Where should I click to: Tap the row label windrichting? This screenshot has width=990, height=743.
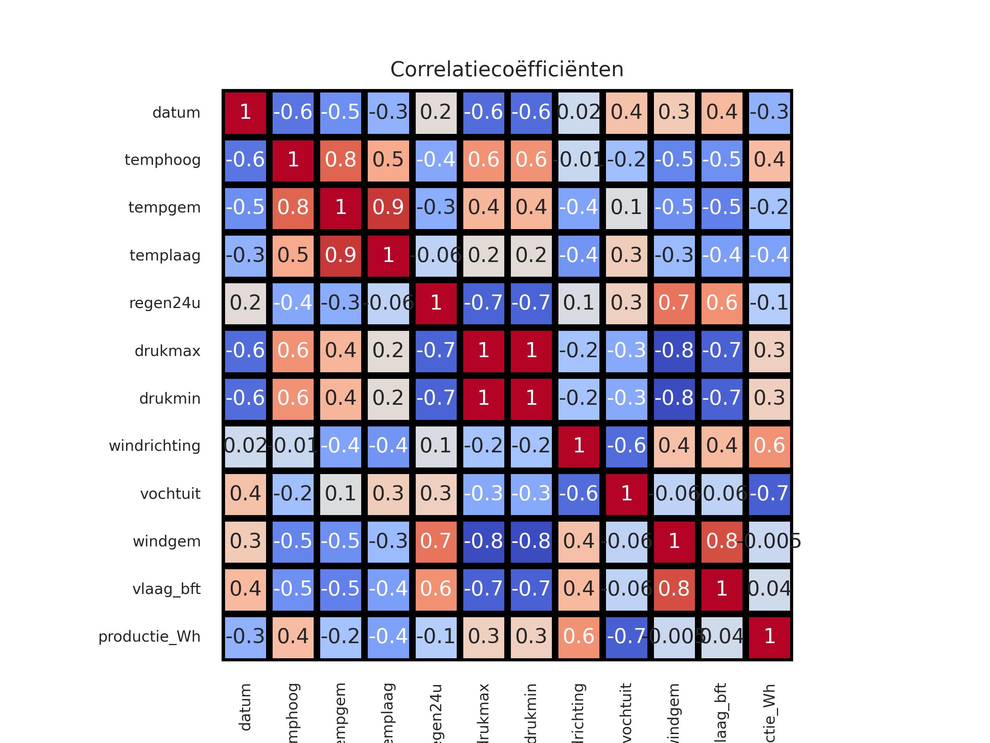point(154,446)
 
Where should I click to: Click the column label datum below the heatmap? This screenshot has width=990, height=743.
point(245,708)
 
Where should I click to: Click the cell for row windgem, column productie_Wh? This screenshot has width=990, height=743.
point(769,541)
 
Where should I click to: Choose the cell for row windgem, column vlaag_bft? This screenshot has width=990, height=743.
point(722,541)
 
